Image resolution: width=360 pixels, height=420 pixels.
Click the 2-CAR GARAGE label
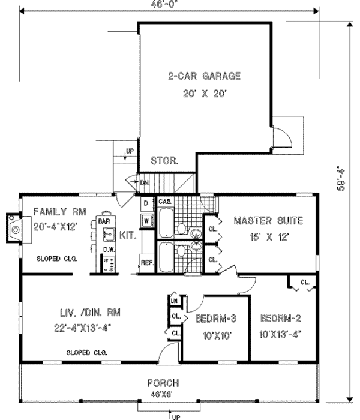196,76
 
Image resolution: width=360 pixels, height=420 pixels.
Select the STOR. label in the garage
163,161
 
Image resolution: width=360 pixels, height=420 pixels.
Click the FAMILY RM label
60,212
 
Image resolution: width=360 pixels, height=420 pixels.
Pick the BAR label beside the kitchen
103,221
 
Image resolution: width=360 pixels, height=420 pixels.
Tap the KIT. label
128,236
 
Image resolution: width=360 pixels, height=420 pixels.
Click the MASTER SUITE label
268,220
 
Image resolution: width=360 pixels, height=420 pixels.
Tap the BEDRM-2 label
280,319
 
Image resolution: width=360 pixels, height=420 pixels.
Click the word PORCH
163,383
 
